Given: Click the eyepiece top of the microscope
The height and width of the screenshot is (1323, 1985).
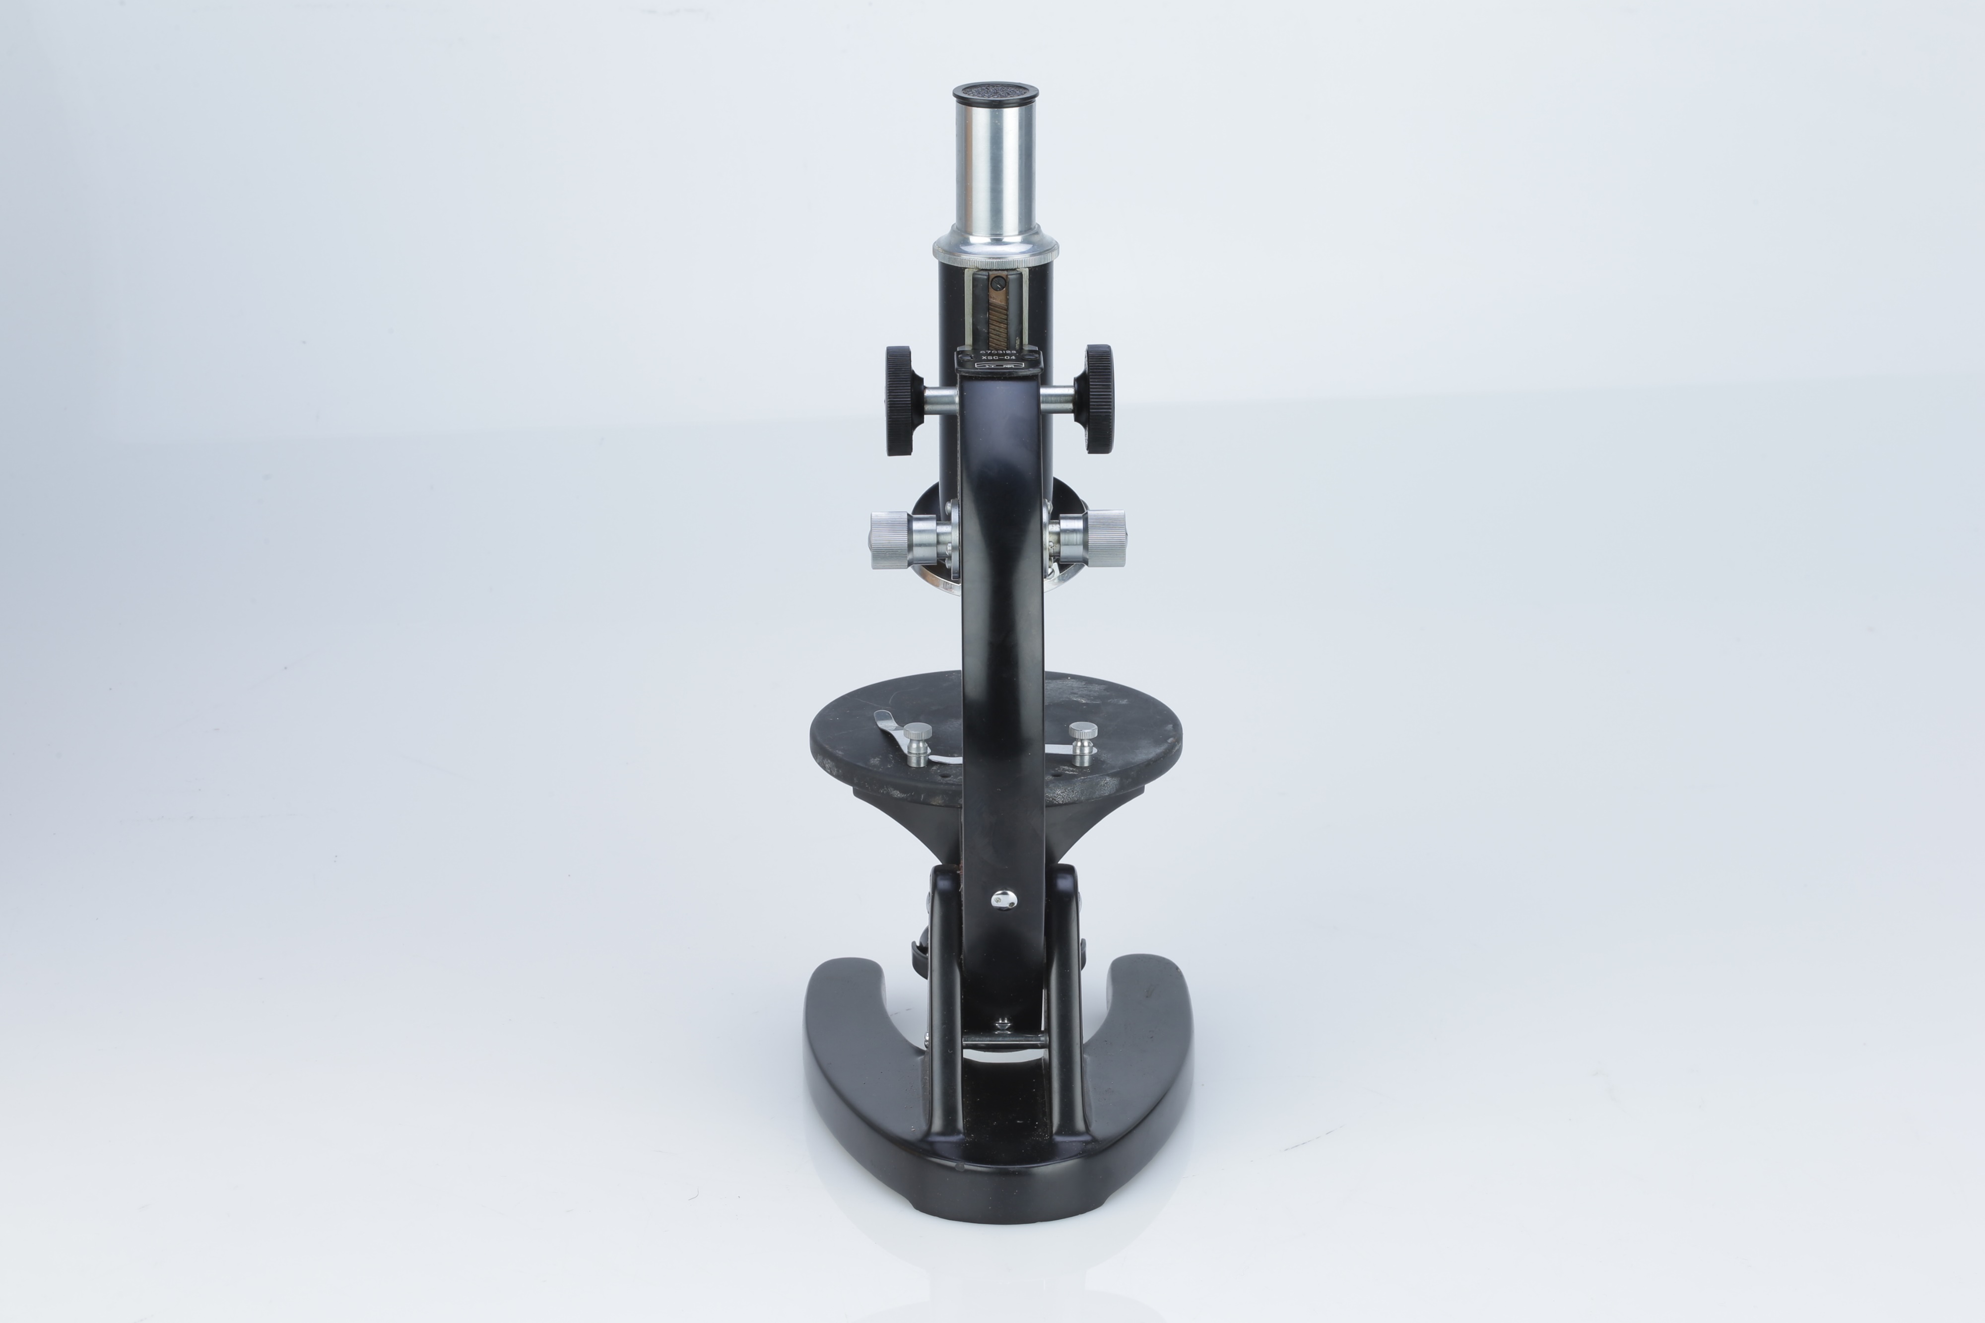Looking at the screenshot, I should [x=995, y=91].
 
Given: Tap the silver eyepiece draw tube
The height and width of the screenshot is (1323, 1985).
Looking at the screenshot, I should [x=995, y=169].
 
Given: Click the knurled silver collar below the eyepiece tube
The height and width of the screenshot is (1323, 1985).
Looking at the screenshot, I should [x=995, y=249].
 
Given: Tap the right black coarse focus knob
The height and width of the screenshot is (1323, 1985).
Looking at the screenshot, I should [x=1098, y=398].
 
